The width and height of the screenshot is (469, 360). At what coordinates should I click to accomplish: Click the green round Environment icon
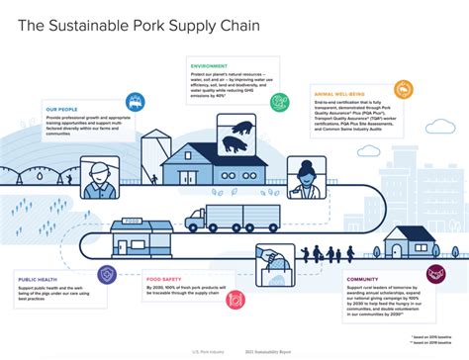click(x=280, y=99)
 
